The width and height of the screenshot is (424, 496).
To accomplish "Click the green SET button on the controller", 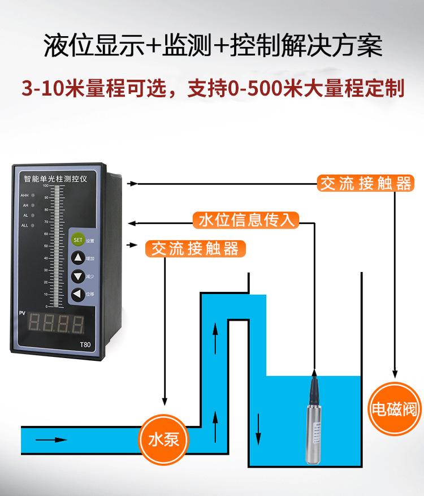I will point(77,240).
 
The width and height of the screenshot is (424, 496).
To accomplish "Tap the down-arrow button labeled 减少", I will point(77,277).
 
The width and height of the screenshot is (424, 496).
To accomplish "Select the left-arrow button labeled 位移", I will point(77,295).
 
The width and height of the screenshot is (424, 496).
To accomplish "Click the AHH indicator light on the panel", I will point(33,195).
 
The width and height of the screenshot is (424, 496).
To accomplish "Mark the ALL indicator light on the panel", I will point(33,226).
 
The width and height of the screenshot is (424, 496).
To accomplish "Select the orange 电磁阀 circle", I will point(393,408).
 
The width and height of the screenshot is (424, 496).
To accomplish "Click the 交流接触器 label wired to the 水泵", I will point(192,248).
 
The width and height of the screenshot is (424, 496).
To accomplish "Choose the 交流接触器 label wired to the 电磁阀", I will point(364,184).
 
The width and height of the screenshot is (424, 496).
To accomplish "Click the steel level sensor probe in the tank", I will point(313,419).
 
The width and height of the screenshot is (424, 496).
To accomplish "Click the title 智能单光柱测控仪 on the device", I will point(59,178).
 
